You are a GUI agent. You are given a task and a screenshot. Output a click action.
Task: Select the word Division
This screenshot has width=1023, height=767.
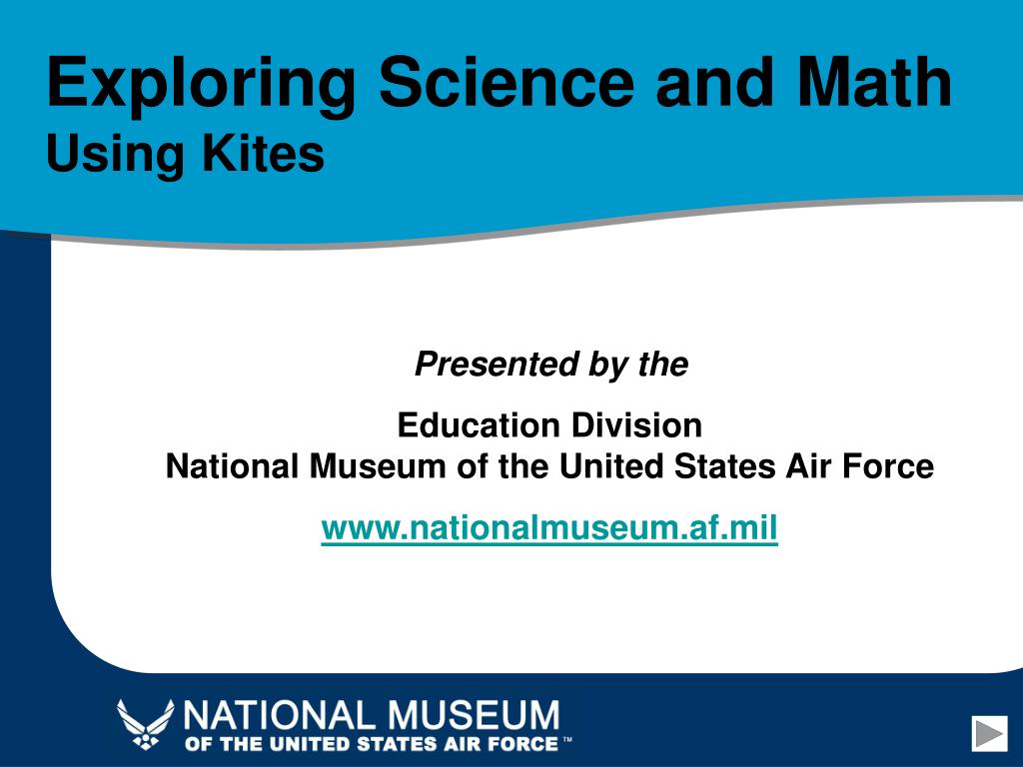(x=636, y=425)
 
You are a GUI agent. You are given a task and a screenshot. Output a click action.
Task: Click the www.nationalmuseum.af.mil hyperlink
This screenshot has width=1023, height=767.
(x=549, y=527)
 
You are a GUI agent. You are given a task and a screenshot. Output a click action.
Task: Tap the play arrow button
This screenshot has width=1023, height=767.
(x=990, y=733)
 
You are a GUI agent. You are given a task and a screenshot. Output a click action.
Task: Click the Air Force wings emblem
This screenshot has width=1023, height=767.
(x=146, y=724)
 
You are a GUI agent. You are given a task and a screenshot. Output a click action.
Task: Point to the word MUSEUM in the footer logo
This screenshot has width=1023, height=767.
(x=474, y=715)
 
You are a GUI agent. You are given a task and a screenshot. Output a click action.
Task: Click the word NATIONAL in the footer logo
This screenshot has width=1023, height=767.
(x=281, y=715)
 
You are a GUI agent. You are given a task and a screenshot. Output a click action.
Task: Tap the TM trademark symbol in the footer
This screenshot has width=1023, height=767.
(x=567, y=740)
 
